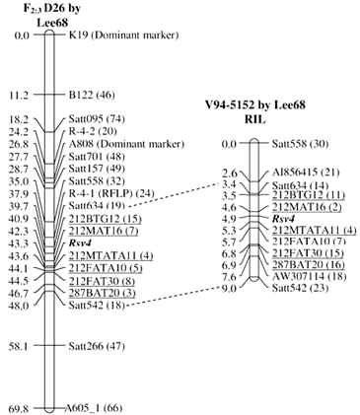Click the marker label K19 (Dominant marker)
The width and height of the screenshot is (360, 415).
pos(123,35)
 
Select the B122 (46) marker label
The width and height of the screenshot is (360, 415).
pos(92,95)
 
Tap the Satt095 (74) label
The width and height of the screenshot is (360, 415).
pos(97,118)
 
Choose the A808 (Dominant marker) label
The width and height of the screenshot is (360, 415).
pos(126,144)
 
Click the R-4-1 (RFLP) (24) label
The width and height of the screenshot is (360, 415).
pos(111,193)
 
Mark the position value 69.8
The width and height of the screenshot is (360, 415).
pos(20,409)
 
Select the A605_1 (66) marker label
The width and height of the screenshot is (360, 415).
pos(94,408)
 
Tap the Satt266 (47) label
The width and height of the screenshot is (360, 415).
pos(97,346)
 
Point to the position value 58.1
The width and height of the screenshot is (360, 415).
pos(20,346)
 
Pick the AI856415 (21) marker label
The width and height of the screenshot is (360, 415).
pos(301,173)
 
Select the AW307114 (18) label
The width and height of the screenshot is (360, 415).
pos(309,276)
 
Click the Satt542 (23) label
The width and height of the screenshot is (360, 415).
pos(300,288)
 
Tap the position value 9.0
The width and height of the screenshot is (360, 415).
pos(230,289)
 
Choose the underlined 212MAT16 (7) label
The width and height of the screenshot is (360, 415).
pos(104,231)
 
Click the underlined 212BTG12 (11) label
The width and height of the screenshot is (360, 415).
pos(309,195)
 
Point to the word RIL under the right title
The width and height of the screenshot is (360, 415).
pos(254,119)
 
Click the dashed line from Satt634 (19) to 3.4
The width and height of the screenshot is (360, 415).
pos(174,194)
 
